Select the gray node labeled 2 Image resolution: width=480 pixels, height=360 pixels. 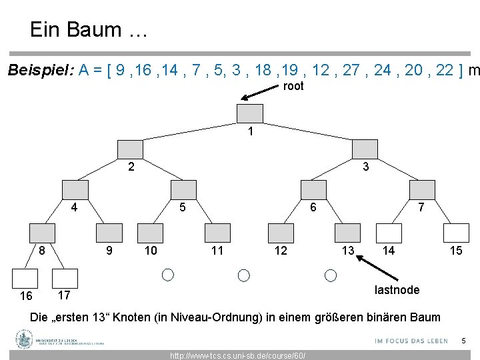point(131,150)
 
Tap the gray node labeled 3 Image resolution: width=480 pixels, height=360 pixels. point(365,150)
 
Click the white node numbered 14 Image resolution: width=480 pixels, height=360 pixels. point(389,233)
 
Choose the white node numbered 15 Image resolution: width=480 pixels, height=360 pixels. point(456,233)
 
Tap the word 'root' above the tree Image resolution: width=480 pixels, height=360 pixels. point(293,86)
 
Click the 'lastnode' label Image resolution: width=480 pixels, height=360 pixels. point(397,289)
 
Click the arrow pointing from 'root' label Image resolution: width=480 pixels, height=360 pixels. point(260,93)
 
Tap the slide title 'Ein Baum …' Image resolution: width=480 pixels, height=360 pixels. point(85,29)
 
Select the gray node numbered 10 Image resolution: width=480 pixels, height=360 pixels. point(149,233)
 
